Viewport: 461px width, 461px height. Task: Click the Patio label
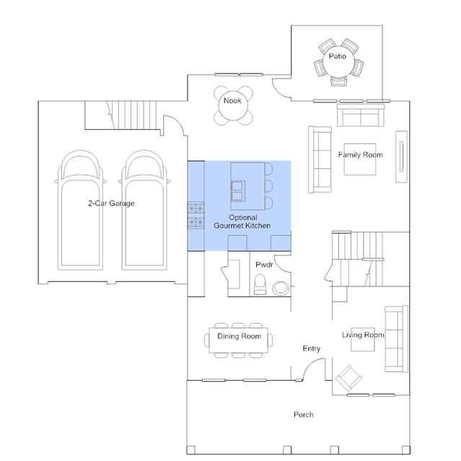337,56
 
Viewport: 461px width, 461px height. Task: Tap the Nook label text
232,100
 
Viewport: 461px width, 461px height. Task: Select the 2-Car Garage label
111,203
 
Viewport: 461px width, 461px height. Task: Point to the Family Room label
361,154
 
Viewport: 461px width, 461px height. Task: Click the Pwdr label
264,265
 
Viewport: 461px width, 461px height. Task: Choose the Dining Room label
239,336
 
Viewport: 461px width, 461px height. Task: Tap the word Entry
312,348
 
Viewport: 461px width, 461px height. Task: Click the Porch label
304,415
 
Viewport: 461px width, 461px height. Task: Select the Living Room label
363,335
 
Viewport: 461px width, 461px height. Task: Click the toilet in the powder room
260,284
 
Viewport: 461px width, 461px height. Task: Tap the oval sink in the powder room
281,288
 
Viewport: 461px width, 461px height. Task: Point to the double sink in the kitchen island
238,191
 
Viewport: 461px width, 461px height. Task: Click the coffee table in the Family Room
360,159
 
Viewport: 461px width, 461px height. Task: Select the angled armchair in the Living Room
348,378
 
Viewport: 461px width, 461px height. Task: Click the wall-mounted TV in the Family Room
402,157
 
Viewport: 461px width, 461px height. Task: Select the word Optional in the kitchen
243,218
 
